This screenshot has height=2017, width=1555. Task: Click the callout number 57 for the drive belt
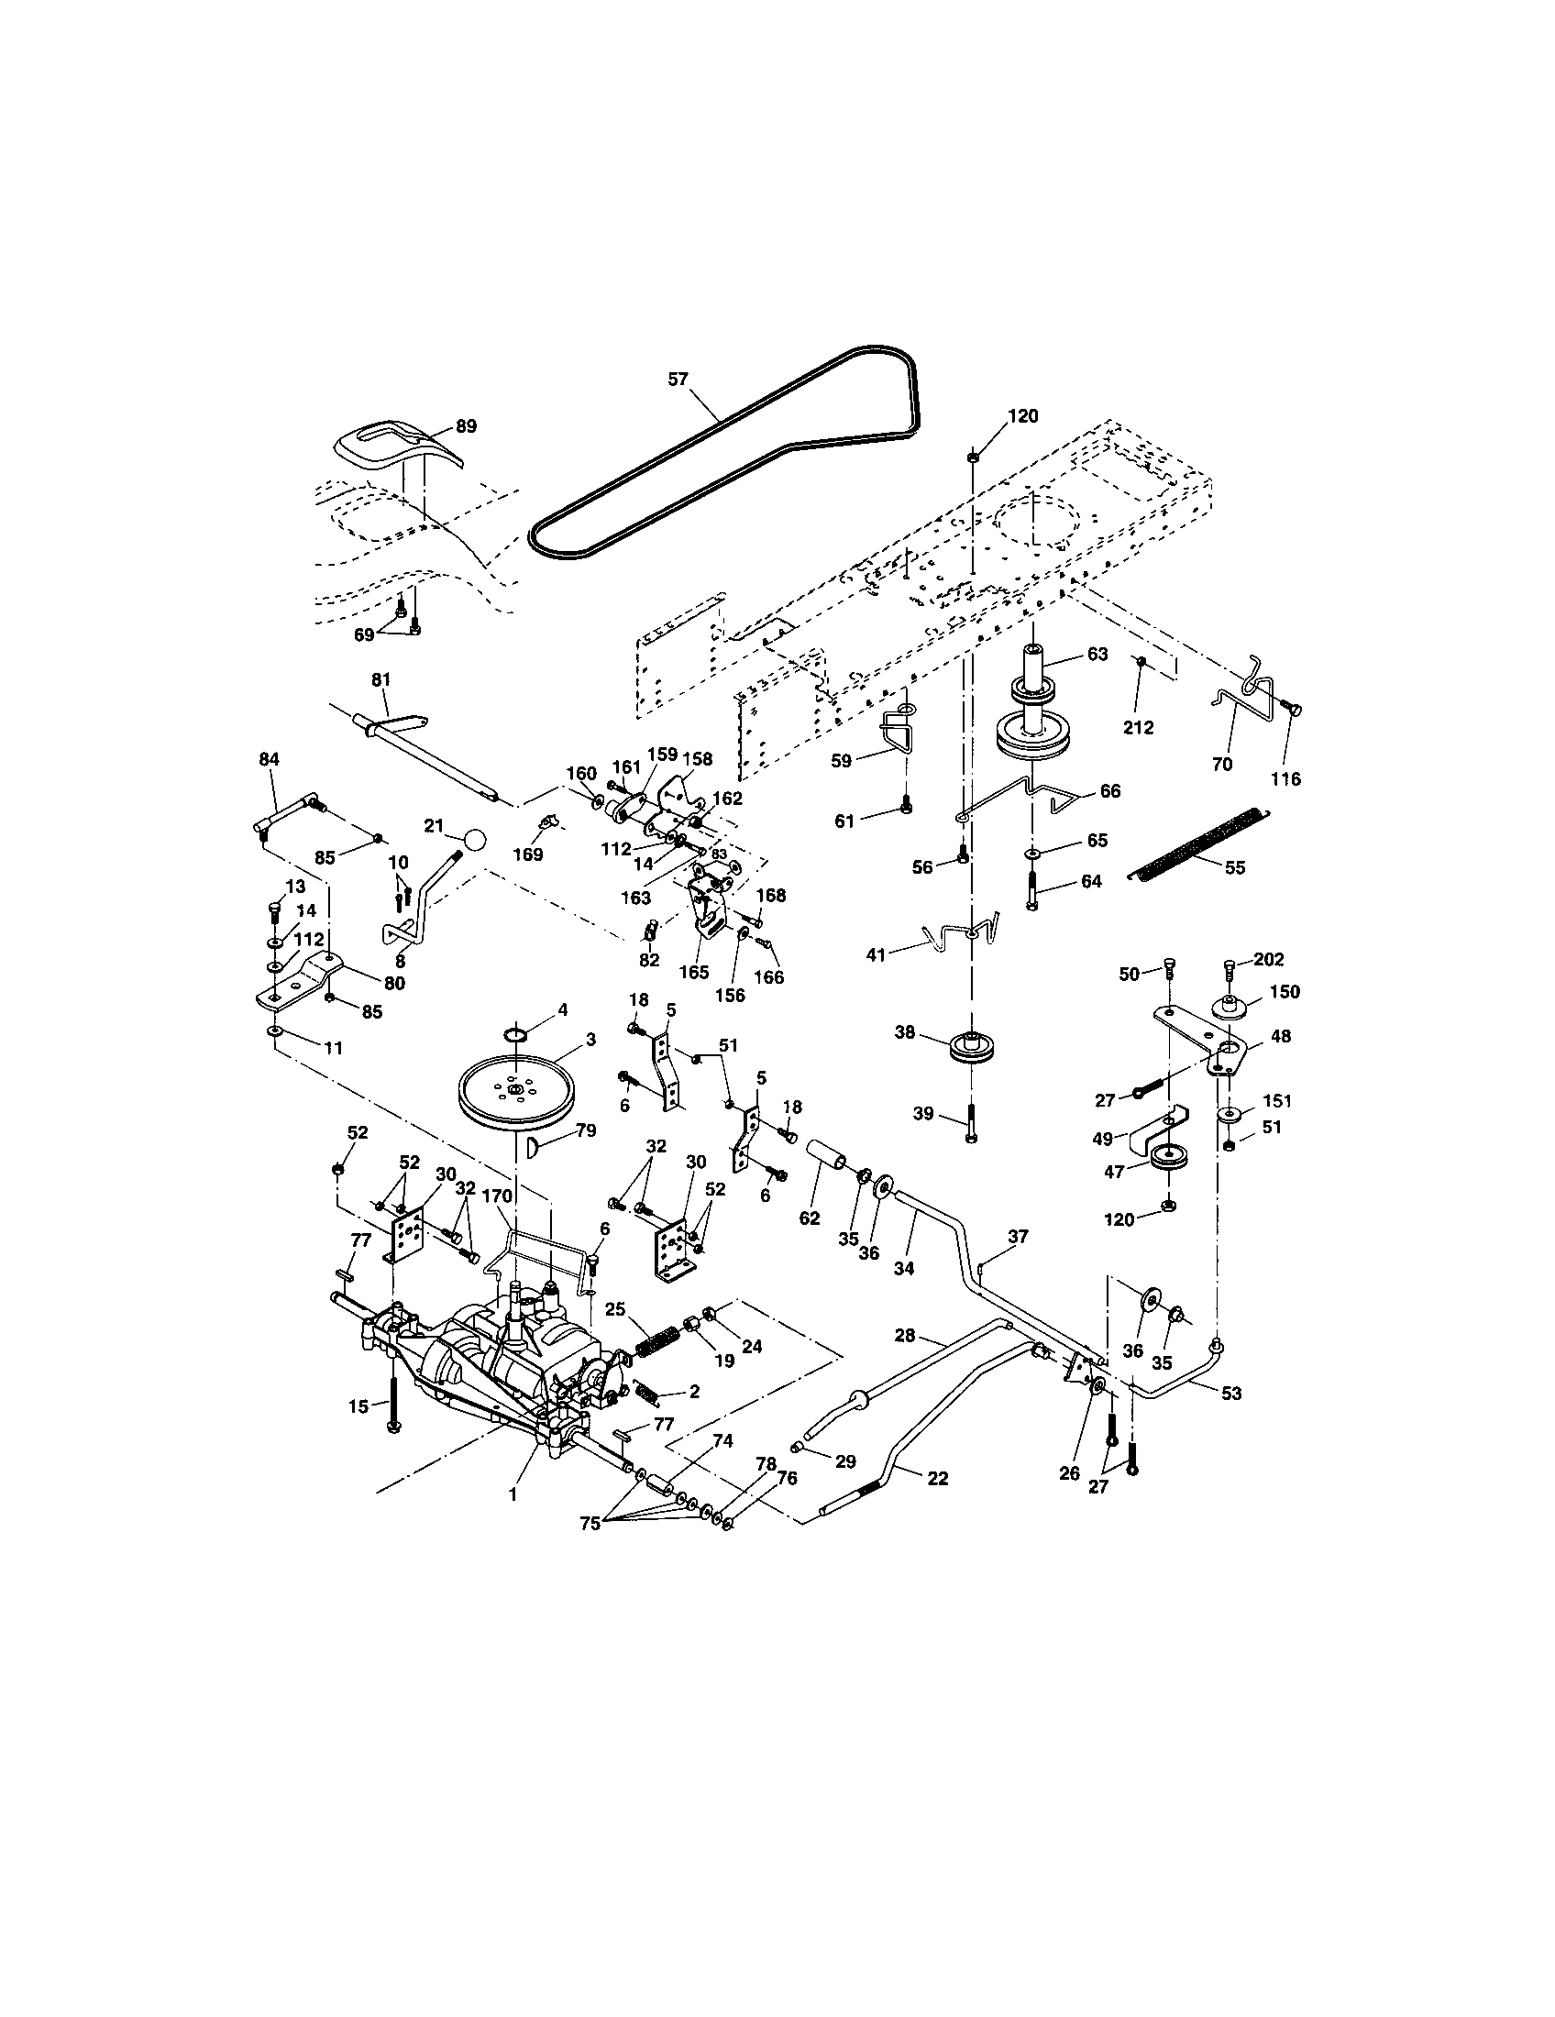tap(678, 379)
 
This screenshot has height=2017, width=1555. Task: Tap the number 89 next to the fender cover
tap(467, 426)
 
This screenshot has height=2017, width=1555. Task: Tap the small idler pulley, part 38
tap(969, 1046)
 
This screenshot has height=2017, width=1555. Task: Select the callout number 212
tap(1138, 727)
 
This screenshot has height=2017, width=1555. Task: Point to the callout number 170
tap(495, 1196)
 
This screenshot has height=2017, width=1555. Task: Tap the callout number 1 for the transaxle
tap(513, 1494)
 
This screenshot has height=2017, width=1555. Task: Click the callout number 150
tap(1285, 991)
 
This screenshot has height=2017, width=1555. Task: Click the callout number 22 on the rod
tap(936, 1478)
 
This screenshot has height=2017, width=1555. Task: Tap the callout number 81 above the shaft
tap(380, 678)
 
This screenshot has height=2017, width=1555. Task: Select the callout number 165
tap(694, 972)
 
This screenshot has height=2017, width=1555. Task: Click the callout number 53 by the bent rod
tap(1230, 1394)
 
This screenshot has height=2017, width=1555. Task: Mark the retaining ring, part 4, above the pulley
tap(518, 1031)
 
